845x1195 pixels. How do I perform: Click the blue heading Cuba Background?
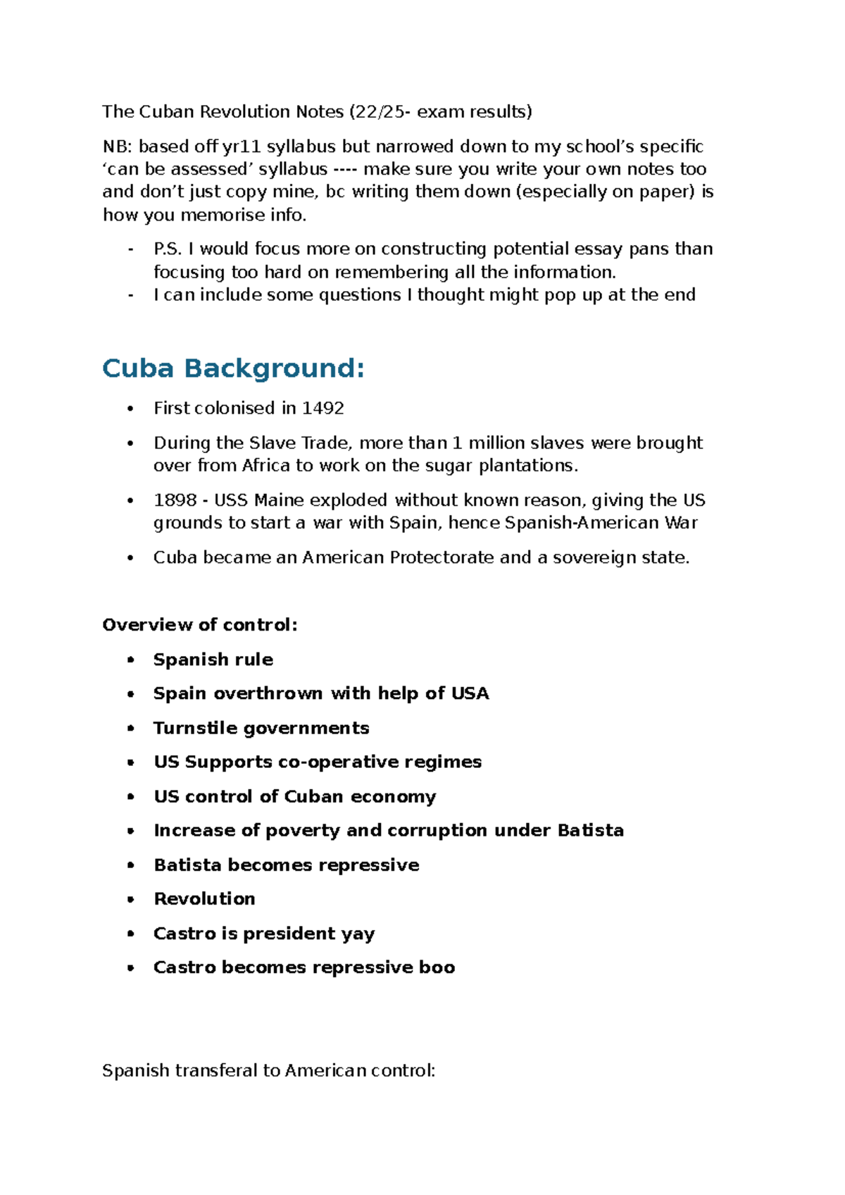pyautogui.click(x=233, y=369)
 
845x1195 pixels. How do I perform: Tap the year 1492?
pyautogui.click(x=323, y=409)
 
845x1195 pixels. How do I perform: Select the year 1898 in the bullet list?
pyautogui.click(x=175, y=500)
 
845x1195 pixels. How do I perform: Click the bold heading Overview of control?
pyautogui.click(x=199, y=625)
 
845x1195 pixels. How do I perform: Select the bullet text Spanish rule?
pyautogui.click(x=213, y=660)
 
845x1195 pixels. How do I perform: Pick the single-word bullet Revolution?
pyautogui.click(x=204, y=899)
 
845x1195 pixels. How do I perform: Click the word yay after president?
pyautogui.click(x=358, y=934)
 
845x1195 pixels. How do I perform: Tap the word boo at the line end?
pyautogui.click(x=437, y=967)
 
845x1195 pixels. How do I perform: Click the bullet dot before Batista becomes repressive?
pyautogui.click(x=130, y=865)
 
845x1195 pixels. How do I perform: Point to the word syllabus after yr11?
pyautogui.click(x=301, y=147)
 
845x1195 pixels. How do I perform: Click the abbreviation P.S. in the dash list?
pyautogui.click(x=168, y=249)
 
